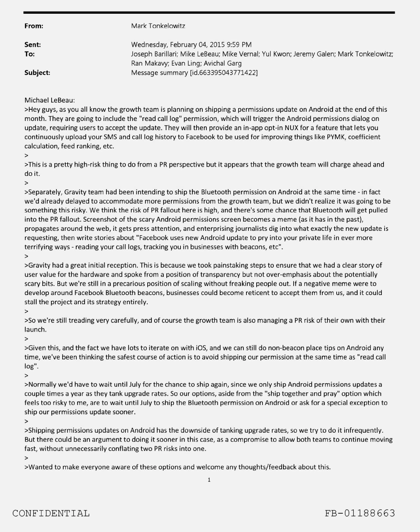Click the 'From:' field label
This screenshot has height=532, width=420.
click(x=34, y=26)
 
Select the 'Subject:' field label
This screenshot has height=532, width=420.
click(x=37, y=72)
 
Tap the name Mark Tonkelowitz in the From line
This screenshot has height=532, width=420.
click(x=158, y=26)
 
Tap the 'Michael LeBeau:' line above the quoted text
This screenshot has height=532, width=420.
click(x=50, y=100)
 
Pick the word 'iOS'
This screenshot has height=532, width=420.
click(x=201, y=348)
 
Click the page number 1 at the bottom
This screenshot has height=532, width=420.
click(x=209, y=480)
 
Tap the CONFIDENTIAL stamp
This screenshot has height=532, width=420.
click(x=51, y=513)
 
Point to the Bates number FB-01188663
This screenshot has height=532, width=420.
click(x=360, y=513)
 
